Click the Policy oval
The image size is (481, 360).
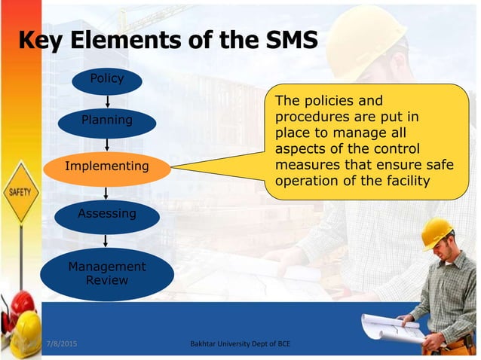point(106,79)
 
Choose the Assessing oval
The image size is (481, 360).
point(106,215)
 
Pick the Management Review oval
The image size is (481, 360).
point(106,273)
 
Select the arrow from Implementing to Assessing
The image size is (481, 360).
point(106,191)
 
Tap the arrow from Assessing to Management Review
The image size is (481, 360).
point(106,239)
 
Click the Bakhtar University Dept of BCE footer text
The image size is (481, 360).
point(241,345)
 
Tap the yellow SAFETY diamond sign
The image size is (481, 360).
point(20,193)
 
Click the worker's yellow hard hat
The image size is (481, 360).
point(436,233)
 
